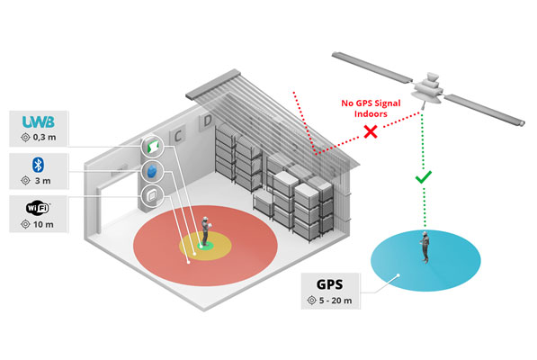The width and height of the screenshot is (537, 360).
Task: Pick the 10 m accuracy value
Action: [x=43, y=225]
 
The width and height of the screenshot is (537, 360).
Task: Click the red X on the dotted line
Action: [x=368, y=132]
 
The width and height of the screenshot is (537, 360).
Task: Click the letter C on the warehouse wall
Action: [x=181, y=136]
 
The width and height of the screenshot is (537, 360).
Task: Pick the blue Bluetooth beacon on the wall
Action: [x=152, y=172]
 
